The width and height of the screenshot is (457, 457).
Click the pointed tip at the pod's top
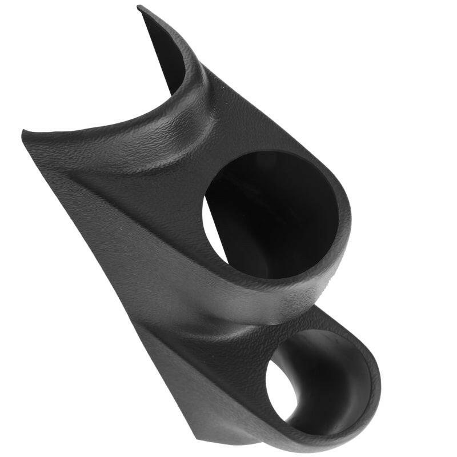pyautogui.click(x=140, y=8)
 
